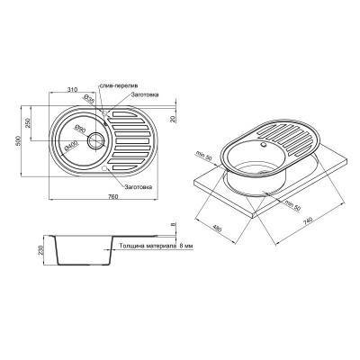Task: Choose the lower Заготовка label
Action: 135,187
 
